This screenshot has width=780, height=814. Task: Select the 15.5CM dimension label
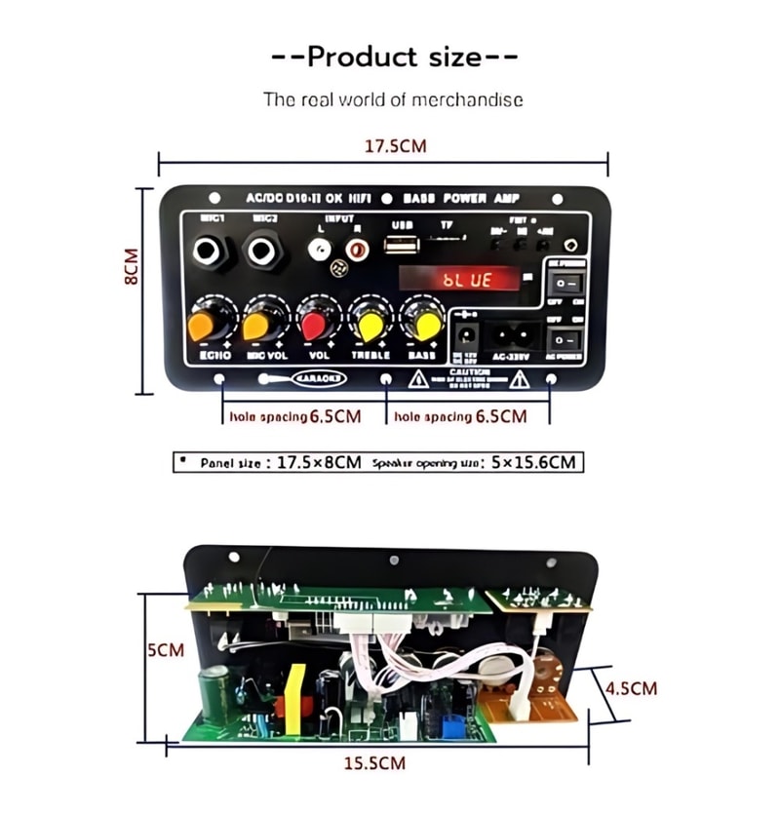(374, 762)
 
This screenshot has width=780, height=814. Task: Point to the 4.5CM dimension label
(630, 687)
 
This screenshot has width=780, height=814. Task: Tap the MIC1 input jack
(210, 252)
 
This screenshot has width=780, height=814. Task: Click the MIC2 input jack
(263, 252)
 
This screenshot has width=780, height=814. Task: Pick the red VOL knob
(317, 321)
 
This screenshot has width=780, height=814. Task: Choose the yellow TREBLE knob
(371, 321)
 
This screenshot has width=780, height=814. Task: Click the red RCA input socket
(358, 251)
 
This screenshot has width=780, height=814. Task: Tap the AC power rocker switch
(565, 339)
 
